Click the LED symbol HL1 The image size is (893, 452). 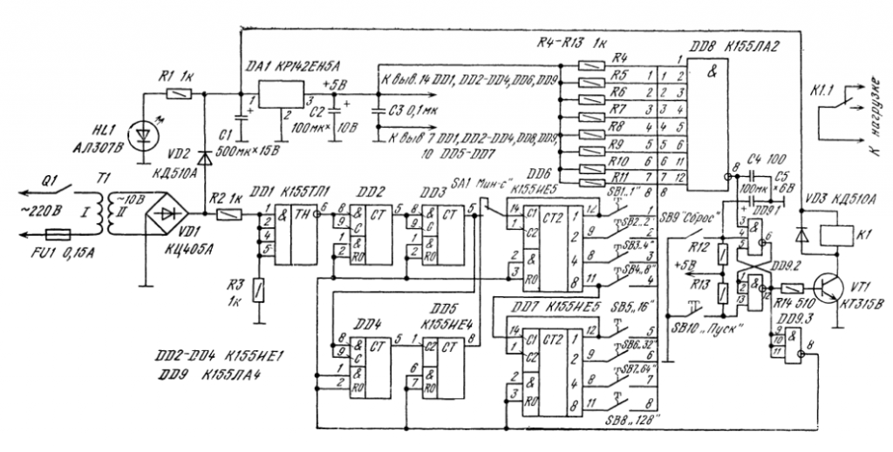(x=140, y=136)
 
